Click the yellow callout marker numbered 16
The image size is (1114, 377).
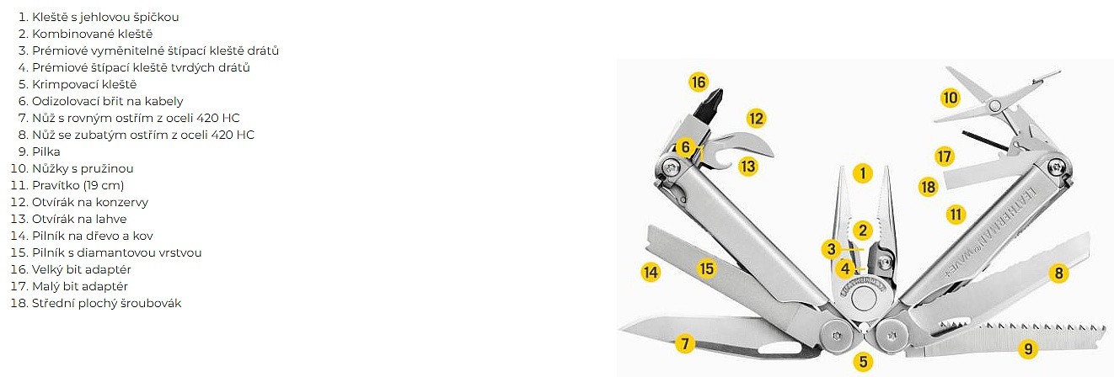pyautogui.click(x=699, y=82)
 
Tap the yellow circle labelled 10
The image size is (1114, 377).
pyautogui.click(x=950, y=98)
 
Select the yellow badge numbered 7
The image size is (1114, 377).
pyautogui.click(x=685, y=343)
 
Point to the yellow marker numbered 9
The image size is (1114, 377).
pyautogui.click(x=1028, y=348)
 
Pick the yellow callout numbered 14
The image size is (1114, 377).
pyautogui.click(x=651, y=272)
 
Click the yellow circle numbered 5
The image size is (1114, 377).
pyautogui.click(x=863, y=361)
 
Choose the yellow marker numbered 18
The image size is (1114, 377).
pyautogui.click(x=928, y=188)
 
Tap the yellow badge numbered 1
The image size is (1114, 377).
pyautogui.click(x=862, y=173)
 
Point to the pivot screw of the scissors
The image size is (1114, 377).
pyautogui.click(x=994, y=105)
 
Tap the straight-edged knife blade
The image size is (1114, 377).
pyautogui.click(x=716, y=335)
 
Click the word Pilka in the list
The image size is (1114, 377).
pyautogui.click(x=46, y=151)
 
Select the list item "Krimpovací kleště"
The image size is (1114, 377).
pyautogui.click(x=84, y=84)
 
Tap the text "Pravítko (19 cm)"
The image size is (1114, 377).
pyautogui.click(x=78, y=185)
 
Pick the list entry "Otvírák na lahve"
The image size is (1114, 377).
pyautogui.click(x=79, y=219)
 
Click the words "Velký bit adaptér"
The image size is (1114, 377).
pyautogui.click(x=82, y=270)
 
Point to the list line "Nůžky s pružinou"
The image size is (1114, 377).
pyautogui.click(x=83, y=168)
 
